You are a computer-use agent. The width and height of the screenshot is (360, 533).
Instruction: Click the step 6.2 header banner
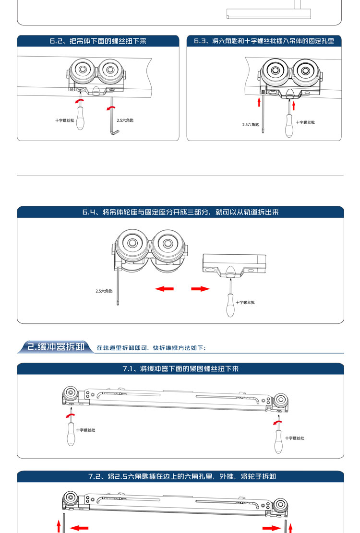click(x=98, y=41)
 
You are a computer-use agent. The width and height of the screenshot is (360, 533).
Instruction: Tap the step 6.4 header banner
click(x=180, y=212)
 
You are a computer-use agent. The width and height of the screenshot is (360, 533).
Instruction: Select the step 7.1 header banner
click(x=180, y=369)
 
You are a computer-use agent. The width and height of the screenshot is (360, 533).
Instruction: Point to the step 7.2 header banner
click(x=180, y=477)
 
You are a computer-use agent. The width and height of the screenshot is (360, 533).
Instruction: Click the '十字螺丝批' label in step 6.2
click(x=65, y=120)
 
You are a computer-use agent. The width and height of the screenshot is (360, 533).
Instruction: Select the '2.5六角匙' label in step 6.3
click(x=251, y=125)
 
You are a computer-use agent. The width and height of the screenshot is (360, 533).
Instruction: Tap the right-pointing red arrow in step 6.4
click(x=201, y=289)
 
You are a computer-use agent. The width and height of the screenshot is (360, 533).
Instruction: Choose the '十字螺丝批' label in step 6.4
click(x=245, y=302)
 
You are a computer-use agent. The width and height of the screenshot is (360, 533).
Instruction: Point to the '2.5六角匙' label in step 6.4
click(x=104, y=291)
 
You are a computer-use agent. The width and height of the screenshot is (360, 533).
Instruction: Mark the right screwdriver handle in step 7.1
click(x=278, y=442)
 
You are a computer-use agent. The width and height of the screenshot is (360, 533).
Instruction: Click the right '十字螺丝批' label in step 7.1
click(x=294, y=438)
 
